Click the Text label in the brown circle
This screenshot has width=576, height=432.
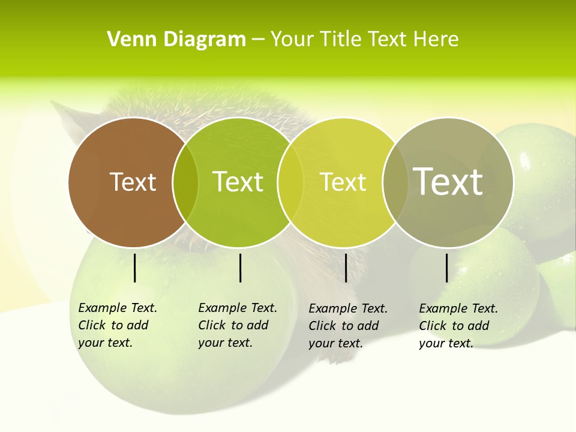133,182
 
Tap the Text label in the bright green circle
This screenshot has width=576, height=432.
238,182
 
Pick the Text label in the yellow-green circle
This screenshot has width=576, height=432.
343,182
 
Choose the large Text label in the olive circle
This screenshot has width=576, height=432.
448,182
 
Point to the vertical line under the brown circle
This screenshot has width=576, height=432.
135,268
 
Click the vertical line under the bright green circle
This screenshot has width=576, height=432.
240,268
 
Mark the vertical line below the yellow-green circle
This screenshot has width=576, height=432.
346,268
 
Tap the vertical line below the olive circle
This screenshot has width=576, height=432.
447,268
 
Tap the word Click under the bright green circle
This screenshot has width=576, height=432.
212,325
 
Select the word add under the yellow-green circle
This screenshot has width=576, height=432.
368,326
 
